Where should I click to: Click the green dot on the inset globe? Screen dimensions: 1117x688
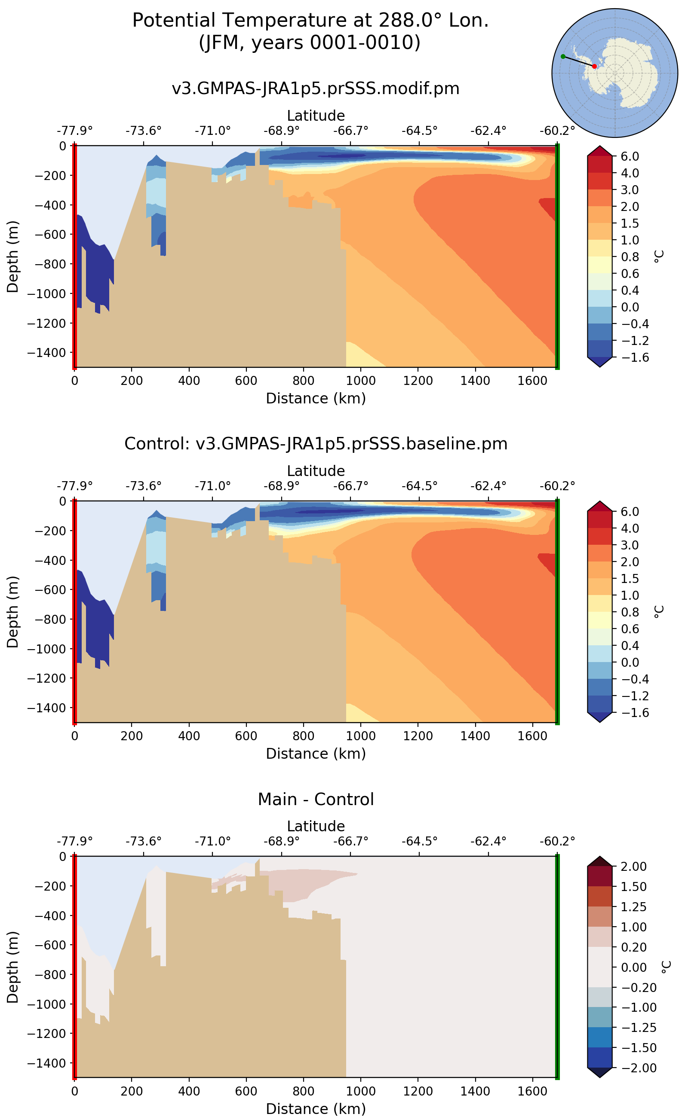(563, 56)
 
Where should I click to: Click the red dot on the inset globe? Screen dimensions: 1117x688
(594, 66)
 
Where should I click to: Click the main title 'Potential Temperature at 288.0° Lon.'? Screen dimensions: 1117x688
(310, 21)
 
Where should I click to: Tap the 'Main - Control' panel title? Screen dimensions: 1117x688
(315, 799)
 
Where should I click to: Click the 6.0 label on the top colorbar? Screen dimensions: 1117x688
(630, 156)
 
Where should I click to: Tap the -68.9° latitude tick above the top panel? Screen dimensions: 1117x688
(281, 131)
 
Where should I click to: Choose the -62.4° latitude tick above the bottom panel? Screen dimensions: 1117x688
(488, 841)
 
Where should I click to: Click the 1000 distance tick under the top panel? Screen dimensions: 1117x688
(361, 381)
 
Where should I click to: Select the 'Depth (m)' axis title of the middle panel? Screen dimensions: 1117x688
(13, 612)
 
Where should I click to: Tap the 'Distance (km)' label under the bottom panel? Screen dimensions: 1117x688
(315, 1108)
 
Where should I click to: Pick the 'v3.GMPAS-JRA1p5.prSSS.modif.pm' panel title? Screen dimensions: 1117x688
(315, 88)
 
